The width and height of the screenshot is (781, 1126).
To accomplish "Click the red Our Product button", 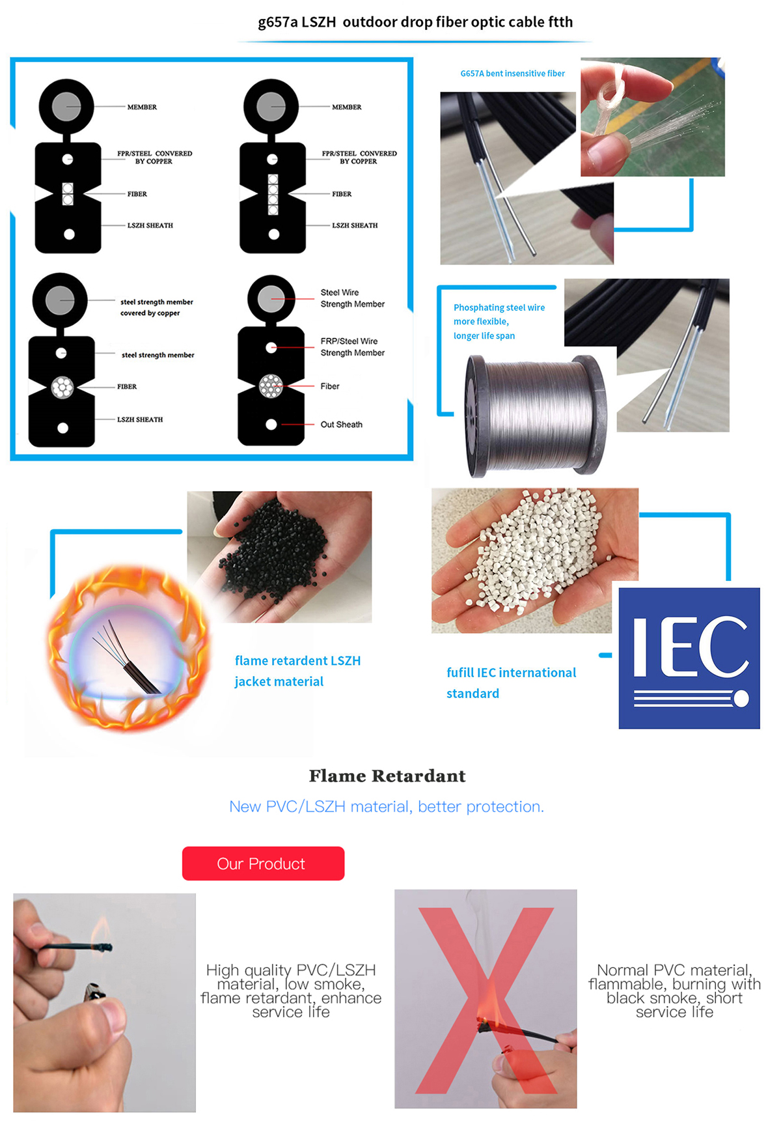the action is (x=263, y=864).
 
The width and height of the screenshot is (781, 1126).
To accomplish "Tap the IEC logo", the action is (x=689, y=658).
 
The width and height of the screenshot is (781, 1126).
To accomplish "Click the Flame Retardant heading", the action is (x=387, y=776).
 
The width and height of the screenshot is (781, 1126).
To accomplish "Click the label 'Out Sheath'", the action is (x=342, y=425).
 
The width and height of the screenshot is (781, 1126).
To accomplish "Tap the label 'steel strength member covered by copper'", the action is (x=156, y=307).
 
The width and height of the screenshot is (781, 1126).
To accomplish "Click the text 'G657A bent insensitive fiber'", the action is (x=513, y=74).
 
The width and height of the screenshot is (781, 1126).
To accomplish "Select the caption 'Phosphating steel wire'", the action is (x=499, y=307).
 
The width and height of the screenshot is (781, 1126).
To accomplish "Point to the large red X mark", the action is (x=486, y=1000).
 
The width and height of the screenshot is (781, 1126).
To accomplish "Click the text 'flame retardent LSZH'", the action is (x=298, y=660).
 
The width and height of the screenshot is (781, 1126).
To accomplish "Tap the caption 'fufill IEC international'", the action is (x=512, y=673).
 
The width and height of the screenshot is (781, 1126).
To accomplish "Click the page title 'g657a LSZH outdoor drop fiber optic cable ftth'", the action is (x=415, y=22).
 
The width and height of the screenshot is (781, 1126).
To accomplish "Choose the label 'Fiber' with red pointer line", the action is (x=330, y=386).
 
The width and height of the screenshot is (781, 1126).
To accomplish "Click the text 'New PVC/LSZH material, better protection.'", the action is (x=387, y=807).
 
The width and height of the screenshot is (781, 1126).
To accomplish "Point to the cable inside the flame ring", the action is (x=127, y=658).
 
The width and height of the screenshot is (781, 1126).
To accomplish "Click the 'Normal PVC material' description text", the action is (x=675, y=991).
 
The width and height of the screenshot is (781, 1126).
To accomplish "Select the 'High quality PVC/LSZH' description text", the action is (x=291, y=991).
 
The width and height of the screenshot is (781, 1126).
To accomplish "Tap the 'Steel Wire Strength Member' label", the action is (x=353, y=298).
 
